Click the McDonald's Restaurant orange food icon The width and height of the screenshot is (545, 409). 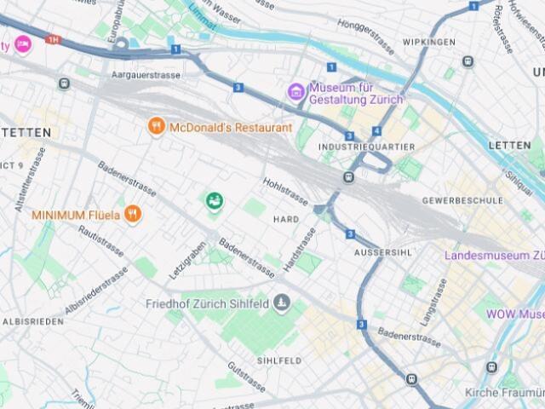pyautogui.click(x=156, y=127)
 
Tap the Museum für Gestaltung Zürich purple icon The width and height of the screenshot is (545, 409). pyautogui.click(x=295, y=91)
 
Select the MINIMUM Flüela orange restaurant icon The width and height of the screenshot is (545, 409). pyautogui.click(x=132, y=215)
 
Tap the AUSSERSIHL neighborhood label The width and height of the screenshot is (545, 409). pyautogui.click(x=382, y=253)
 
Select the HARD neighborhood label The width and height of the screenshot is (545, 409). pyautogui.click(x=285, y=219)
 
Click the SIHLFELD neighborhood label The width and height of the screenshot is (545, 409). pyautogui.click(x=279, y=360)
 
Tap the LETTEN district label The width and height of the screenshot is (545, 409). pyautogui.click(x=509, y=146)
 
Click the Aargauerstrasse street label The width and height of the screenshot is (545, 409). pyautogui.click(x=151, y=75)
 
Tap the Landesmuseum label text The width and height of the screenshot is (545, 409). pyautogui.click(x=494, y=255)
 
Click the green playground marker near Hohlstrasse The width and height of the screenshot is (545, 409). pyautogui.click(x=214, y=201)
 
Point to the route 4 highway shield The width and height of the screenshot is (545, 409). pyautogui.click(x=376, y=131)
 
